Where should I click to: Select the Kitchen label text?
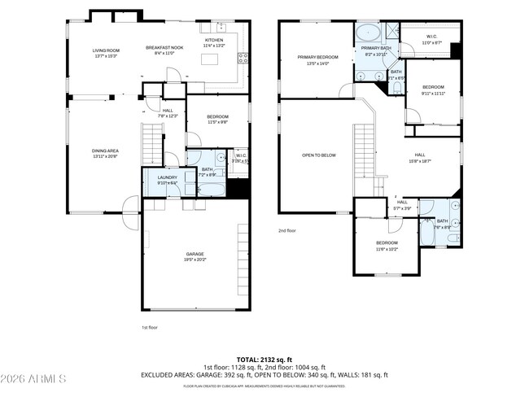214,42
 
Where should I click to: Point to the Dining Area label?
106,152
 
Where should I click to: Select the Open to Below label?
319,155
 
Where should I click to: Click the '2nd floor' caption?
287,231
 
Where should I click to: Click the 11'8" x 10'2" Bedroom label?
387,246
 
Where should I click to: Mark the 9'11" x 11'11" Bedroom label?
433,89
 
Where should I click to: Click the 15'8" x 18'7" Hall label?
420,158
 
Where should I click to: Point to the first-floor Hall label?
168,113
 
